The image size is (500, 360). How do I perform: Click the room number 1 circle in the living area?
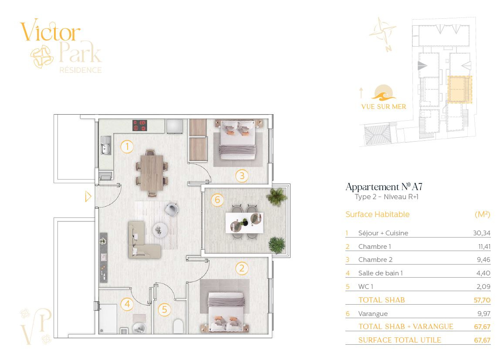click(x=127, y=147)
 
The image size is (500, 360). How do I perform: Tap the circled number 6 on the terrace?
click(x=217, y=200)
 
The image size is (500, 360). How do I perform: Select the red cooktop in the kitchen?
click(x=140, y=126)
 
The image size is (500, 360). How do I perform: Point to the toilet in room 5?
click(x=178, y=326)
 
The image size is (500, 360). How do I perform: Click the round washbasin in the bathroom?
click(x=139, y=328)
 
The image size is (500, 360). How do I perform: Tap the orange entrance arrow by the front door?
click(x=88, y=196)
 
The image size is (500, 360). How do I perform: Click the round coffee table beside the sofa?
click(x=160, y=230)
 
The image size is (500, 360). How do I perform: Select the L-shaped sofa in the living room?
click(x=142, y=239)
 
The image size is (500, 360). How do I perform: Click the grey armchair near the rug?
click(x=172, y=209)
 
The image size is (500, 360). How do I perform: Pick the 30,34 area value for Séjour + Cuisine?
click(x=482, y=233)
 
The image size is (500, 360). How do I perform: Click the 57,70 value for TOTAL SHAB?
click(x=482, y=300)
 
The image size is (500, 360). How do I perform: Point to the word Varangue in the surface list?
click(x=373, y=314)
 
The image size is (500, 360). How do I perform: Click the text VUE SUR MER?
click(x=384, y=107)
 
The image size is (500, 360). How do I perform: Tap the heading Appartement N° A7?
click(x=384, y=187)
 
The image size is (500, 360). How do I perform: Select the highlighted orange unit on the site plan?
click(x=459, y=89)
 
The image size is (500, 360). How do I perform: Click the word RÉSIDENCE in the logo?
click(x=81, y=70)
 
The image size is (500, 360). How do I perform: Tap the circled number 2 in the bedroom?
click(x=242, y=268)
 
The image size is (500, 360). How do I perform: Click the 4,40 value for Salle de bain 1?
click(x=483, y=273)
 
